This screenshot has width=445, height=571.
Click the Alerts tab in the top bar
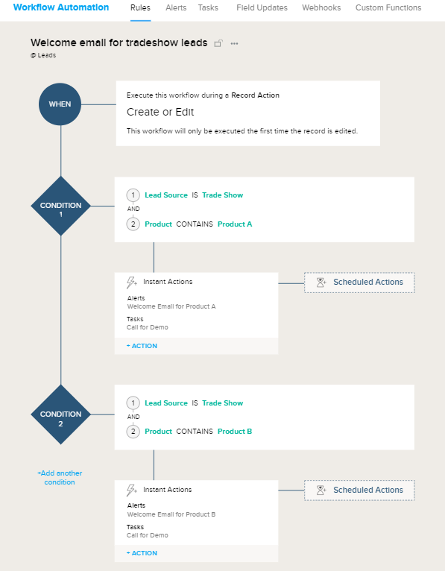pyautogui.click(x=176, y=7)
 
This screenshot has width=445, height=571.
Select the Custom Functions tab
pyautogui.click(x=388, y=7)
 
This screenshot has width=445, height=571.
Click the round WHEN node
pyautogui.click(x=60, y=104)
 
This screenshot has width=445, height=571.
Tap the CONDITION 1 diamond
pyautogui.click(x=61, y=206)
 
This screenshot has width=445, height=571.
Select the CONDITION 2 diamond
pyautogui.click(x=61, y=414)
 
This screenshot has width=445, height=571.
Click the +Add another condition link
pyautogui.click(x=60, y=478)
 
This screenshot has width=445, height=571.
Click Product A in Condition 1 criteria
pyautogui.click(x=235, y=224)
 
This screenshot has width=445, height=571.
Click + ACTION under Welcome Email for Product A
pyautogui.click(x=142, y=346)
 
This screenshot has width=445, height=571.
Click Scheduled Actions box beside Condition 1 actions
pyautogui.click(x=359, y=283)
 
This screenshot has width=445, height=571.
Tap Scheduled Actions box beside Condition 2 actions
pyautogui.click(x=359, y=490)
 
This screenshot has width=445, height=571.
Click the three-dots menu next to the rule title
pyautogui.click(x=234, y=43)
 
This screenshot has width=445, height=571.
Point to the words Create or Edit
pyautogui.click(x=160, y=113)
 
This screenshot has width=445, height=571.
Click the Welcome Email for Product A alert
pyautogui.click(x=171, y=306)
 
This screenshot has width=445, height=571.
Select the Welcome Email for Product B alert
pyautogui.click(x=171, y=514)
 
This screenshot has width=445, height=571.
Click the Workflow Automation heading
pyautogui.click(x=60, y=7)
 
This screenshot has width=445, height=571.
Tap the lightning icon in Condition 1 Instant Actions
pyautogui.click(x=132, y=283)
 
